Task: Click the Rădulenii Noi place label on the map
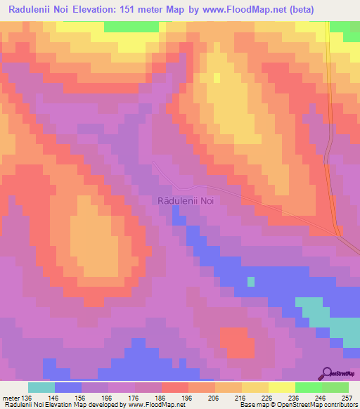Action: [x=186, y=200]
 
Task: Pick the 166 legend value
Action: [x=108, y=398]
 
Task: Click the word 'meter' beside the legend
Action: [x=11, y=398]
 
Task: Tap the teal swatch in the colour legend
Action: [x=41, y=387]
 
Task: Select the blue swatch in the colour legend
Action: [x=68, y=387]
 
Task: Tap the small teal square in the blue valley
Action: [x=250, y=282]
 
